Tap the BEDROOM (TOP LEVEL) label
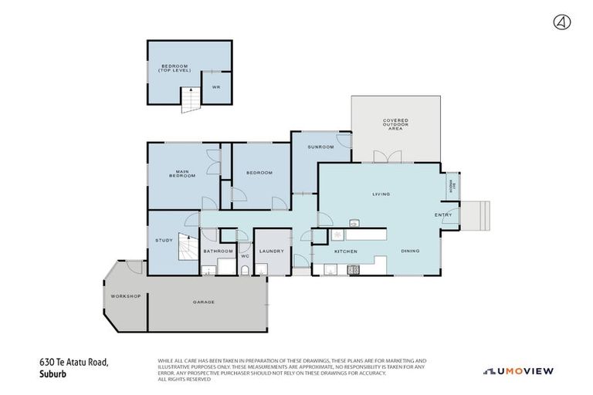coord(174,68)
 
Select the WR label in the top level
coord(216,87)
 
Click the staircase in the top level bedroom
coord(190,100)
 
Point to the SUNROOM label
coord(320,147)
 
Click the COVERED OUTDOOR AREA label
coord(395,124)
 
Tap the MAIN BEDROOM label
coord(182,174)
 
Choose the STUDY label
coord(163,240)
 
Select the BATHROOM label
coord(218,252)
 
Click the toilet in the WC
coord(245,269)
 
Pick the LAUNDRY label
coord(273,252)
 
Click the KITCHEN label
coord(345,252)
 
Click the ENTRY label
coord(443,215)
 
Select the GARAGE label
coord(203,302)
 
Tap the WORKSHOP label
coord(124,296)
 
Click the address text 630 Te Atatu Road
coord(75,361)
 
